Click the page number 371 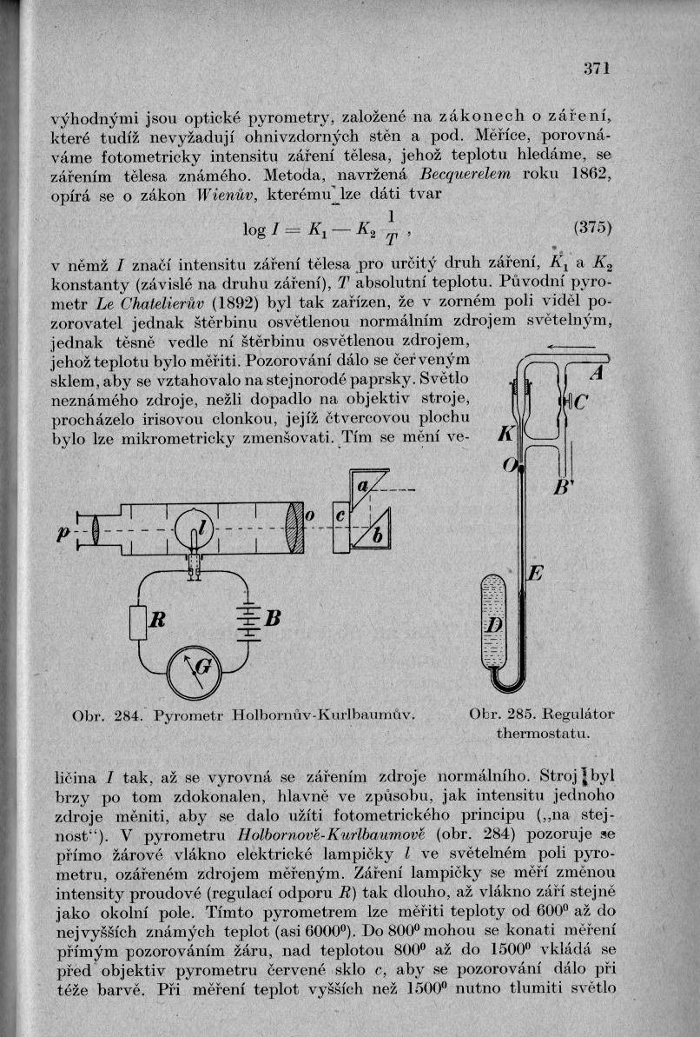[598, 69]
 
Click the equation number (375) [594, 230]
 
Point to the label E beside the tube [536, 575]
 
